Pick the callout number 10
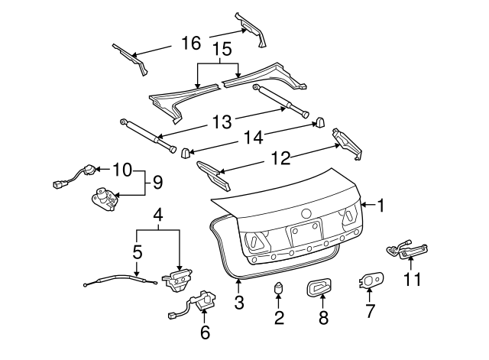pos(122,168)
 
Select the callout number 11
pos(412,280)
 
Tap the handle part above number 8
pos(321,288)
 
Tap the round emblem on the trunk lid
pos(306,213)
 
